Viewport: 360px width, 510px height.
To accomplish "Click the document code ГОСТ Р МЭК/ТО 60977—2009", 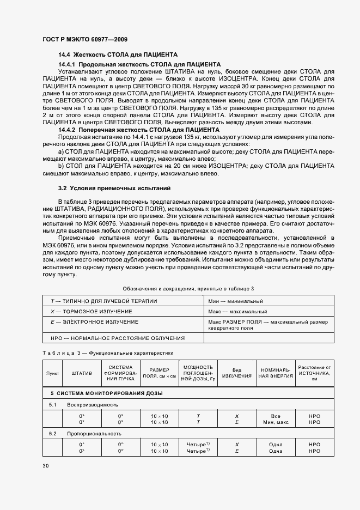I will coord(85,40).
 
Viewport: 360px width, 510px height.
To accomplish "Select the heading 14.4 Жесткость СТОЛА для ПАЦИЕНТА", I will coord(118,56).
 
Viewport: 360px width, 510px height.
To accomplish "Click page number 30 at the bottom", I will coord(46,465).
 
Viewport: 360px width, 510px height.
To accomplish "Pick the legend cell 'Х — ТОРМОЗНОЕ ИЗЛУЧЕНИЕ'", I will coord(91,311).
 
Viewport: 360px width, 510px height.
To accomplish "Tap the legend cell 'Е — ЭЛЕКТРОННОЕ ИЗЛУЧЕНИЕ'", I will coord(93,322).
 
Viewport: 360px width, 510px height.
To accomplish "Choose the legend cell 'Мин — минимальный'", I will coord(236,301).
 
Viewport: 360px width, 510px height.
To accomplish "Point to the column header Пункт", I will coord(53,373).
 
